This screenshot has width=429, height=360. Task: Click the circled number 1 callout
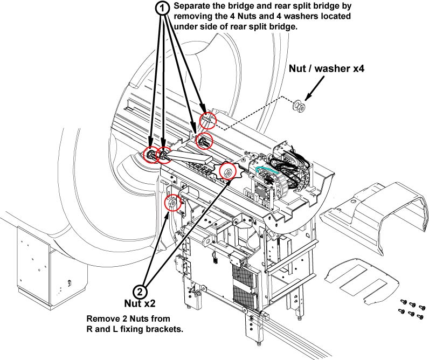(x=162, y=8)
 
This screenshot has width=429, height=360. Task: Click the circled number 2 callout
(x=139, y=292)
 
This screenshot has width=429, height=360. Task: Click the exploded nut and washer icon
(x=297, y=105)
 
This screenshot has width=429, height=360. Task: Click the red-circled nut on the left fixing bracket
(x=171, y=204)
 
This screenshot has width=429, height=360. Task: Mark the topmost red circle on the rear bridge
(x=208, y=119)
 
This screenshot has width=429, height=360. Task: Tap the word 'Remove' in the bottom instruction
(x=103, y=317)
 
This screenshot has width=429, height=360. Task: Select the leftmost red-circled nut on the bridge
(x=151, y=155)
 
